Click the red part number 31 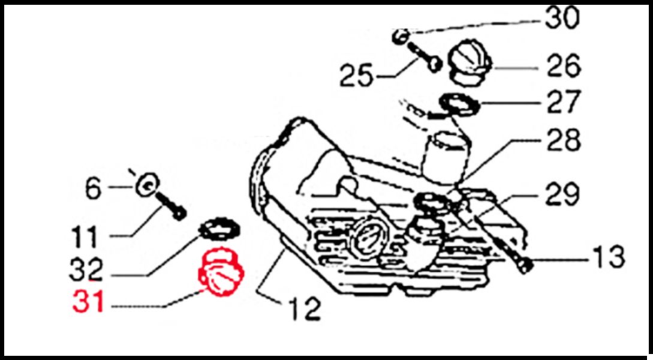click(x=88, y=301)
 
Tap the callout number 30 click(x=562, y=18)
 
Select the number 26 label click(x=564, y=65)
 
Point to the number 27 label click(x=564, y=102)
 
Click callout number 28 click(x=564, y=140)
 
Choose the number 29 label click(x=562, y=194)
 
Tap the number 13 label click(x=608, y=256)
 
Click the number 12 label click(x=305, y=309)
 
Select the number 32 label click(x=86, y=269)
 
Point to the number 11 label click(x=85, y=237)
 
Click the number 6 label click(x=94, y=189)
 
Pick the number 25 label click(x=356, y=76)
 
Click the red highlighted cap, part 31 click(x=221, y=272)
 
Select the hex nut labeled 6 click(x=148, y=184)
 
